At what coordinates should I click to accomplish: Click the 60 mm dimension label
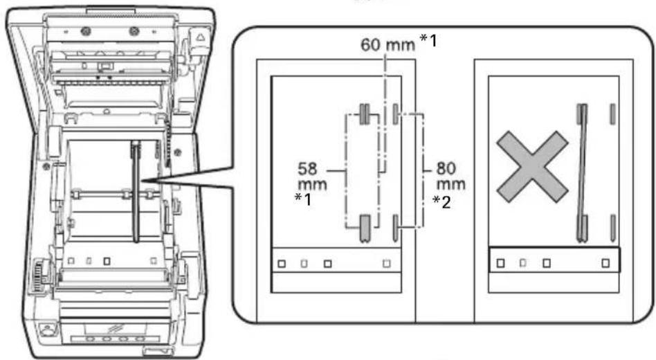(x=388, y=44)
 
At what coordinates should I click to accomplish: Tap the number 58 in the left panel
(x=307, y=169)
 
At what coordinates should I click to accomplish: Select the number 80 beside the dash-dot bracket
(x=446, y=169)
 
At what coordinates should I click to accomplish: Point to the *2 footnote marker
(x=442, y=202)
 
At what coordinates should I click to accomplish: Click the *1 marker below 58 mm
(x=304, y=199)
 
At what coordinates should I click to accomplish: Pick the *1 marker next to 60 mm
(x=428, y=40)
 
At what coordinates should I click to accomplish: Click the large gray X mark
(x=532, y=167)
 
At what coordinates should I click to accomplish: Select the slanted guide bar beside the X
(x=582, y=173)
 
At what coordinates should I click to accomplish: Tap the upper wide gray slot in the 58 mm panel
(x=365, y=114)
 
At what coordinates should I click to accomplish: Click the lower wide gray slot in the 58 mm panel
(x=365, y=228)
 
